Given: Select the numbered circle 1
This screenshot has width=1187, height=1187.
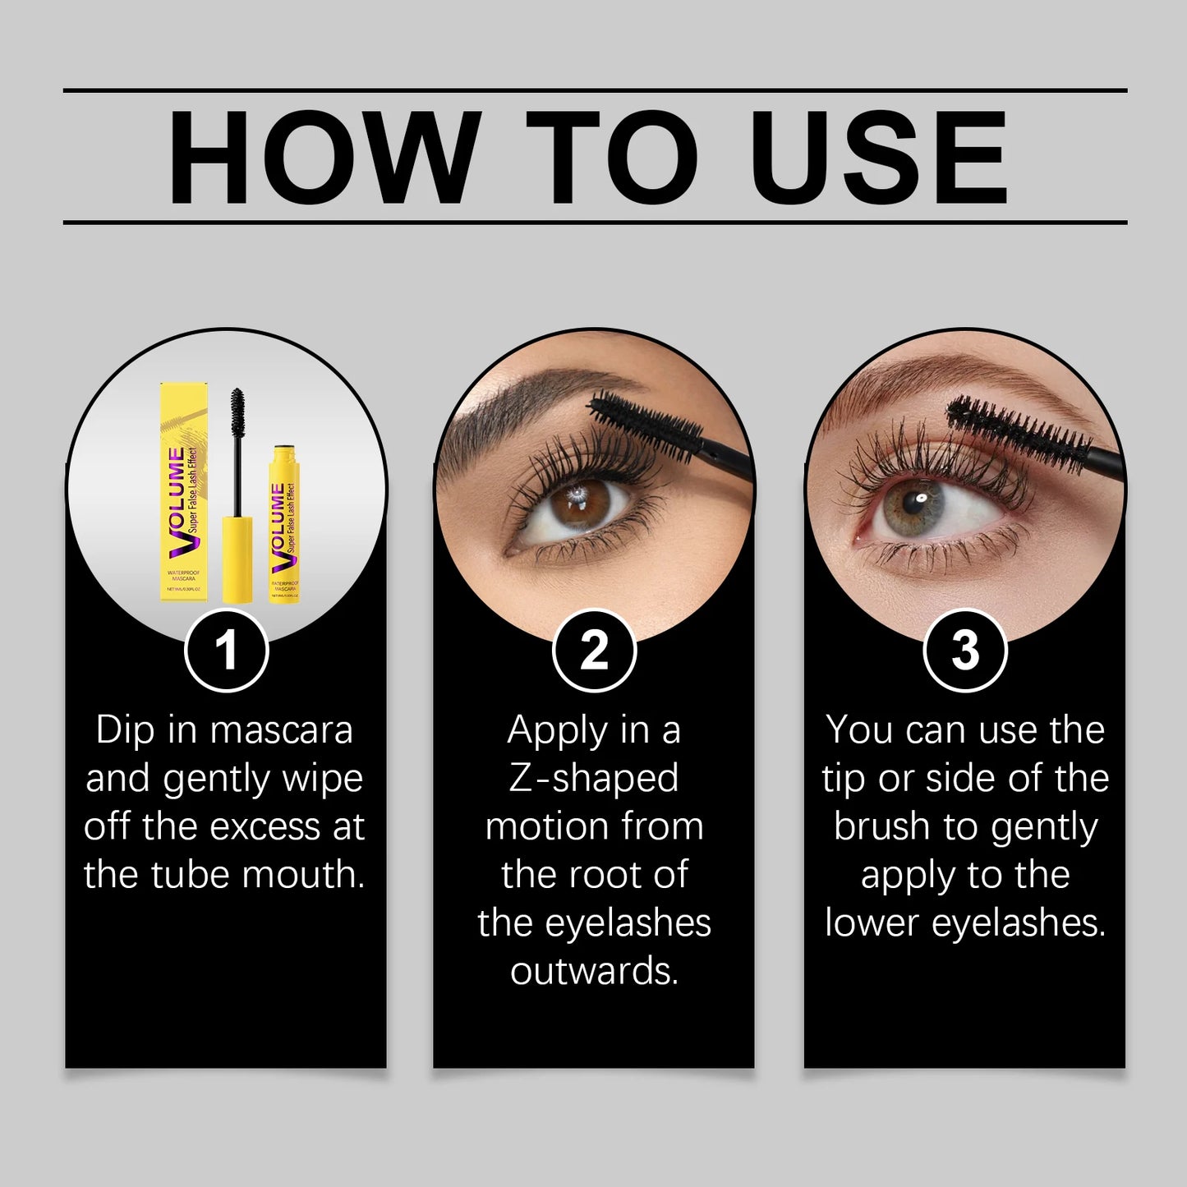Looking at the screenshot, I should pyautogui.click(x=226, y=651).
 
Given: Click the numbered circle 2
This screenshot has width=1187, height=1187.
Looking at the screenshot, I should pyautogui.click(x=594, y=651).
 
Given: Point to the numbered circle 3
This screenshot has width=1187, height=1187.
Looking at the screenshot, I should pyautogui.click(x=964, y=651).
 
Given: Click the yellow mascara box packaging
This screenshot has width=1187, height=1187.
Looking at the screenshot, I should pyautogui.click(x=183, y=493).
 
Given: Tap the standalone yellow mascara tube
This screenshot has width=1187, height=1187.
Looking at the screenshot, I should pyautogui.click(x=283, y=526).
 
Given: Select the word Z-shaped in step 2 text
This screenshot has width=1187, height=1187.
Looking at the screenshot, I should pyautogui.click(x=594, y=779).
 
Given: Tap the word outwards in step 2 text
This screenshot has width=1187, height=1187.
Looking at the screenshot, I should pyautogui.click(x=594, y=971).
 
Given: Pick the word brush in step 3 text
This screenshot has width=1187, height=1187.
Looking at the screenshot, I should pyautogui.click(x=881, y=826).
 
